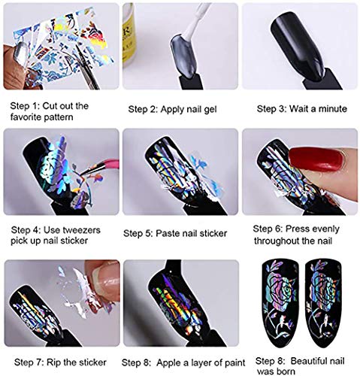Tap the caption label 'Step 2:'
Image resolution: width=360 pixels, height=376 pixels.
pos(140,109)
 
